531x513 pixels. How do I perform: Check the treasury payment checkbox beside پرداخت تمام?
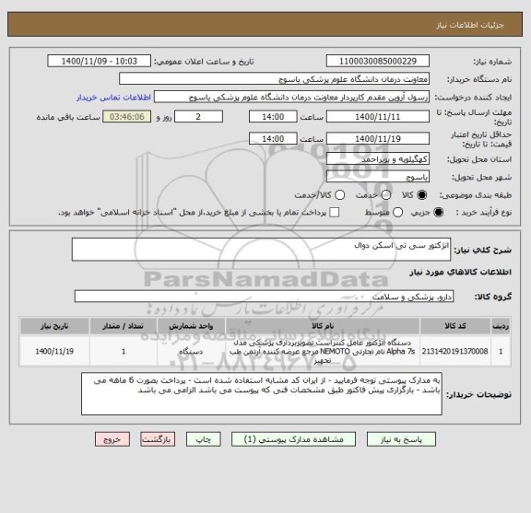click(334, 213)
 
